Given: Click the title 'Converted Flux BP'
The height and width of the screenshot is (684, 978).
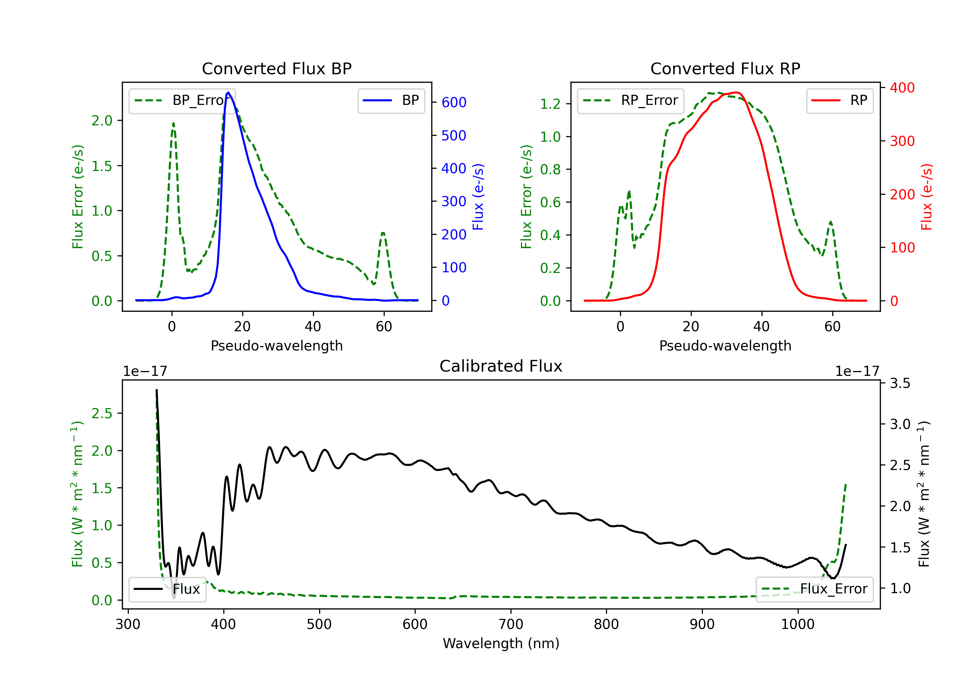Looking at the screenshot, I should click(276, 68).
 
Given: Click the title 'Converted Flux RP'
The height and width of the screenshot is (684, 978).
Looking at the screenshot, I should click(725, 68).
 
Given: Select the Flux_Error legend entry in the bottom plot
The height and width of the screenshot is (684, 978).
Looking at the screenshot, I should click(814, 589).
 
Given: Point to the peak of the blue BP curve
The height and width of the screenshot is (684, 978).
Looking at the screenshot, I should click(228, 93).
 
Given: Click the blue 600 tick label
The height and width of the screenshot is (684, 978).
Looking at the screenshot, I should click(454, 102).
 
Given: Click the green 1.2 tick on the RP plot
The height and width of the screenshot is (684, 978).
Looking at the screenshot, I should click(550, 104).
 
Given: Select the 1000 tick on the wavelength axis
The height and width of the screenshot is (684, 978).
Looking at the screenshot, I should click(797, 624).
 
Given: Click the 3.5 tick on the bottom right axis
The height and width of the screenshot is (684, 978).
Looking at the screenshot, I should click(900, 383).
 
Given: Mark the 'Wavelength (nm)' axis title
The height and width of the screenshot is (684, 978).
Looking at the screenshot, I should click(501, 643).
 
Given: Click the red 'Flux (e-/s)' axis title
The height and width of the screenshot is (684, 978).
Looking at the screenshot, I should click(926, 197).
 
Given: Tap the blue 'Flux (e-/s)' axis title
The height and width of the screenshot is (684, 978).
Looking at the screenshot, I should click(478, 197).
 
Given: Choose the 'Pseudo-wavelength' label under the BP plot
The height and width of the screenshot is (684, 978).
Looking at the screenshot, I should click(276, 346).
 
